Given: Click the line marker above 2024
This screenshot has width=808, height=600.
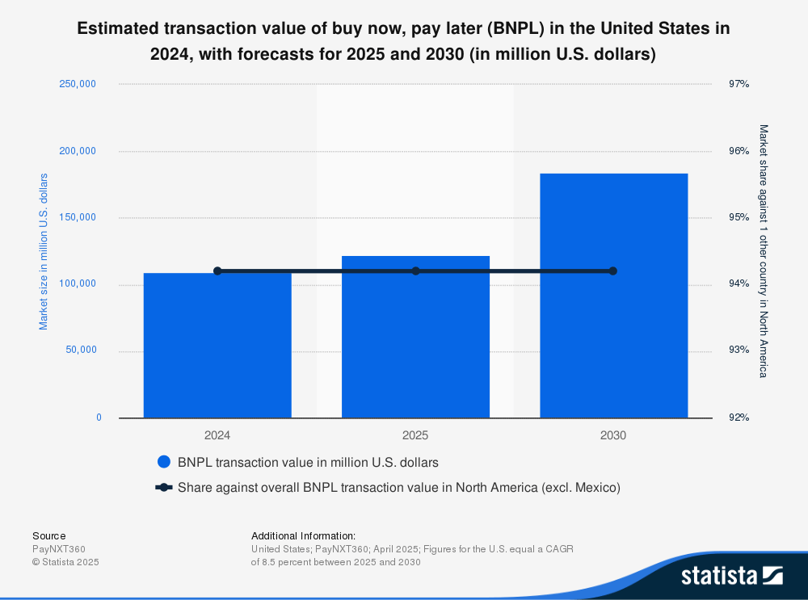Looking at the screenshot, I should pos(217,271).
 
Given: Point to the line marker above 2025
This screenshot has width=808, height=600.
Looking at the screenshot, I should pos(415,271).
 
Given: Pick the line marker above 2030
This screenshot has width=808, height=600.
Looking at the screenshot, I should pos(612,271).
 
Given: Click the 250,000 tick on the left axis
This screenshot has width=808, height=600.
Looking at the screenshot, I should pos(78,84).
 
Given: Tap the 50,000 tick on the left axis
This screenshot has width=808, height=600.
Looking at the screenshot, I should pos(81,350).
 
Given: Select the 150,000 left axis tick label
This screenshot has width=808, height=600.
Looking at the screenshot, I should pos(78,217).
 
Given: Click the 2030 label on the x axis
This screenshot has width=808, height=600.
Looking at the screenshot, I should pos(613,435).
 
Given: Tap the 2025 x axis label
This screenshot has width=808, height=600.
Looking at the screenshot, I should pos(415,435).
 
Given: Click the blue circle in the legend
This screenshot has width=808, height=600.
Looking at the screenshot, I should pos(164,463).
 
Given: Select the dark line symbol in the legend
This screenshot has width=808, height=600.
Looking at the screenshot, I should pos(164,488).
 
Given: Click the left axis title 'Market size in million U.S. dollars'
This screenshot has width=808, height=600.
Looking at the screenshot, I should pos(44,251).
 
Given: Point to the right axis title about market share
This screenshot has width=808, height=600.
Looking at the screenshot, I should pos(763,251).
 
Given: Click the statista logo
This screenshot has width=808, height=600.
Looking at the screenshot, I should pos(731,575).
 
